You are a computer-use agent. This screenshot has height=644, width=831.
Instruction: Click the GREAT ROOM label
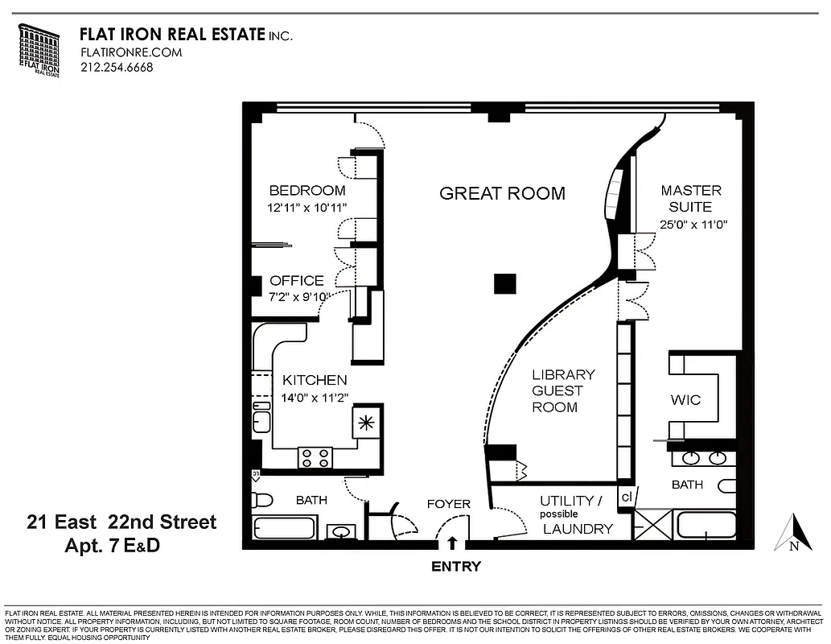tap(502, 193)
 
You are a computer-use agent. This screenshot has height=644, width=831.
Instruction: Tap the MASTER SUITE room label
tap(690, 199)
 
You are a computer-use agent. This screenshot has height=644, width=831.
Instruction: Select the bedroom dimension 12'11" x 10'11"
tap(306, 208)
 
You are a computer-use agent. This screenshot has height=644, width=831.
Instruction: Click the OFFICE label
tap(297, 281)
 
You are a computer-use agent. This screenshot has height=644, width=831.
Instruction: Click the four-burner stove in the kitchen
tap(315, 457)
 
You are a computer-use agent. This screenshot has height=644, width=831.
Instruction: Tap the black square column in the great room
tap(504, 283)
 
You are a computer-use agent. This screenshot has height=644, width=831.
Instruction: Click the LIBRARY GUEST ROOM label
tap(563, 390)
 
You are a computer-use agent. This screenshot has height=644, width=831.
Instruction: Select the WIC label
tap(685, 400)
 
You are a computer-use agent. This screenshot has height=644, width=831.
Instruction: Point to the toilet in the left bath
tap(260, 499)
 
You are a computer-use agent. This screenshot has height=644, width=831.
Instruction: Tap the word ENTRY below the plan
tap(456, 567)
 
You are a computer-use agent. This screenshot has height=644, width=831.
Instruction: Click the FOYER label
tap(448, 505)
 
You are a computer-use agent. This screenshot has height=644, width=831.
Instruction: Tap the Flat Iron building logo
tap(39, 51)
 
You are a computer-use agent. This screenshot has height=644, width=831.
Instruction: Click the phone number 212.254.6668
tap(117, 68)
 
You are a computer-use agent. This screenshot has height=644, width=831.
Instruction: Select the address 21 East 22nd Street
tap(121, 522)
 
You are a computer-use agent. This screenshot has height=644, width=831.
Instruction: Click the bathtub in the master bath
tap(706, 526)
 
